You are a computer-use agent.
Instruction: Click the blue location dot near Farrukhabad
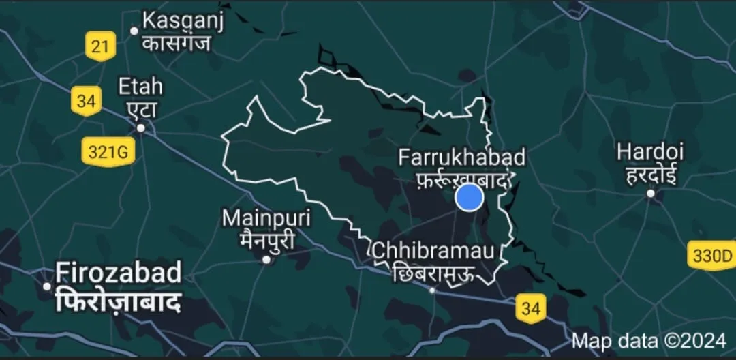(469, 197)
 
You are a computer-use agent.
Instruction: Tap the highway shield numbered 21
(100, 47)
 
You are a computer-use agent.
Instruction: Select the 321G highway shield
(108, 152)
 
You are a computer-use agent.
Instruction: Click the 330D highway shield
(711, 256)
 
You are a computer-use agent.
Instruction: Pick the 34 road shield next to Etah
(86, 102)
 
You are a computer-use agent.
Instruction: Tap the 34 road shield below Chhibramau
(530, 308)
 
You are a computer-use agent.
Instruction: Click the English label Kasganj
(183, 21)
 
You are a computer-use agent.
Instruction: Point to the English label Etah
(140, 87)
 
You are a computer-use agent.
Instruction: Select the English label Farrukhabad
(462, 158)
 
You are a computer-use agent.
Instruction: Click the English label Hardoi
(649, 151)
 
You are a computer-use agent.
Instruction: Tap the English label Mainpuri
(266, 219)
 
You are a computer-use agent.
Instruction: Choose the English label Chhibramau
(433, 251)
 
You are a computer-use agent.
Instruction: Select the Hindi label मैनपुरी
(266, 239)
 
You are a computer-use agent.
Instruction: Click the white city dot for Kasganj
(134, 30)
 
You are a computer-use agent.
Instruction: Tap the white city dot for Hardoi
(651, 194)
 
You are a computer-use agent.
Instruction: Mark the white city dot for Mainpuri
(266, 259)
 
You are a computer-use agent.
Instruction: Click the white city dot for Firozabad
(47, 286)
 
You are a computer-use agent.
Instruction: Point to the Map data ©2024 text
(649, 340)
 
